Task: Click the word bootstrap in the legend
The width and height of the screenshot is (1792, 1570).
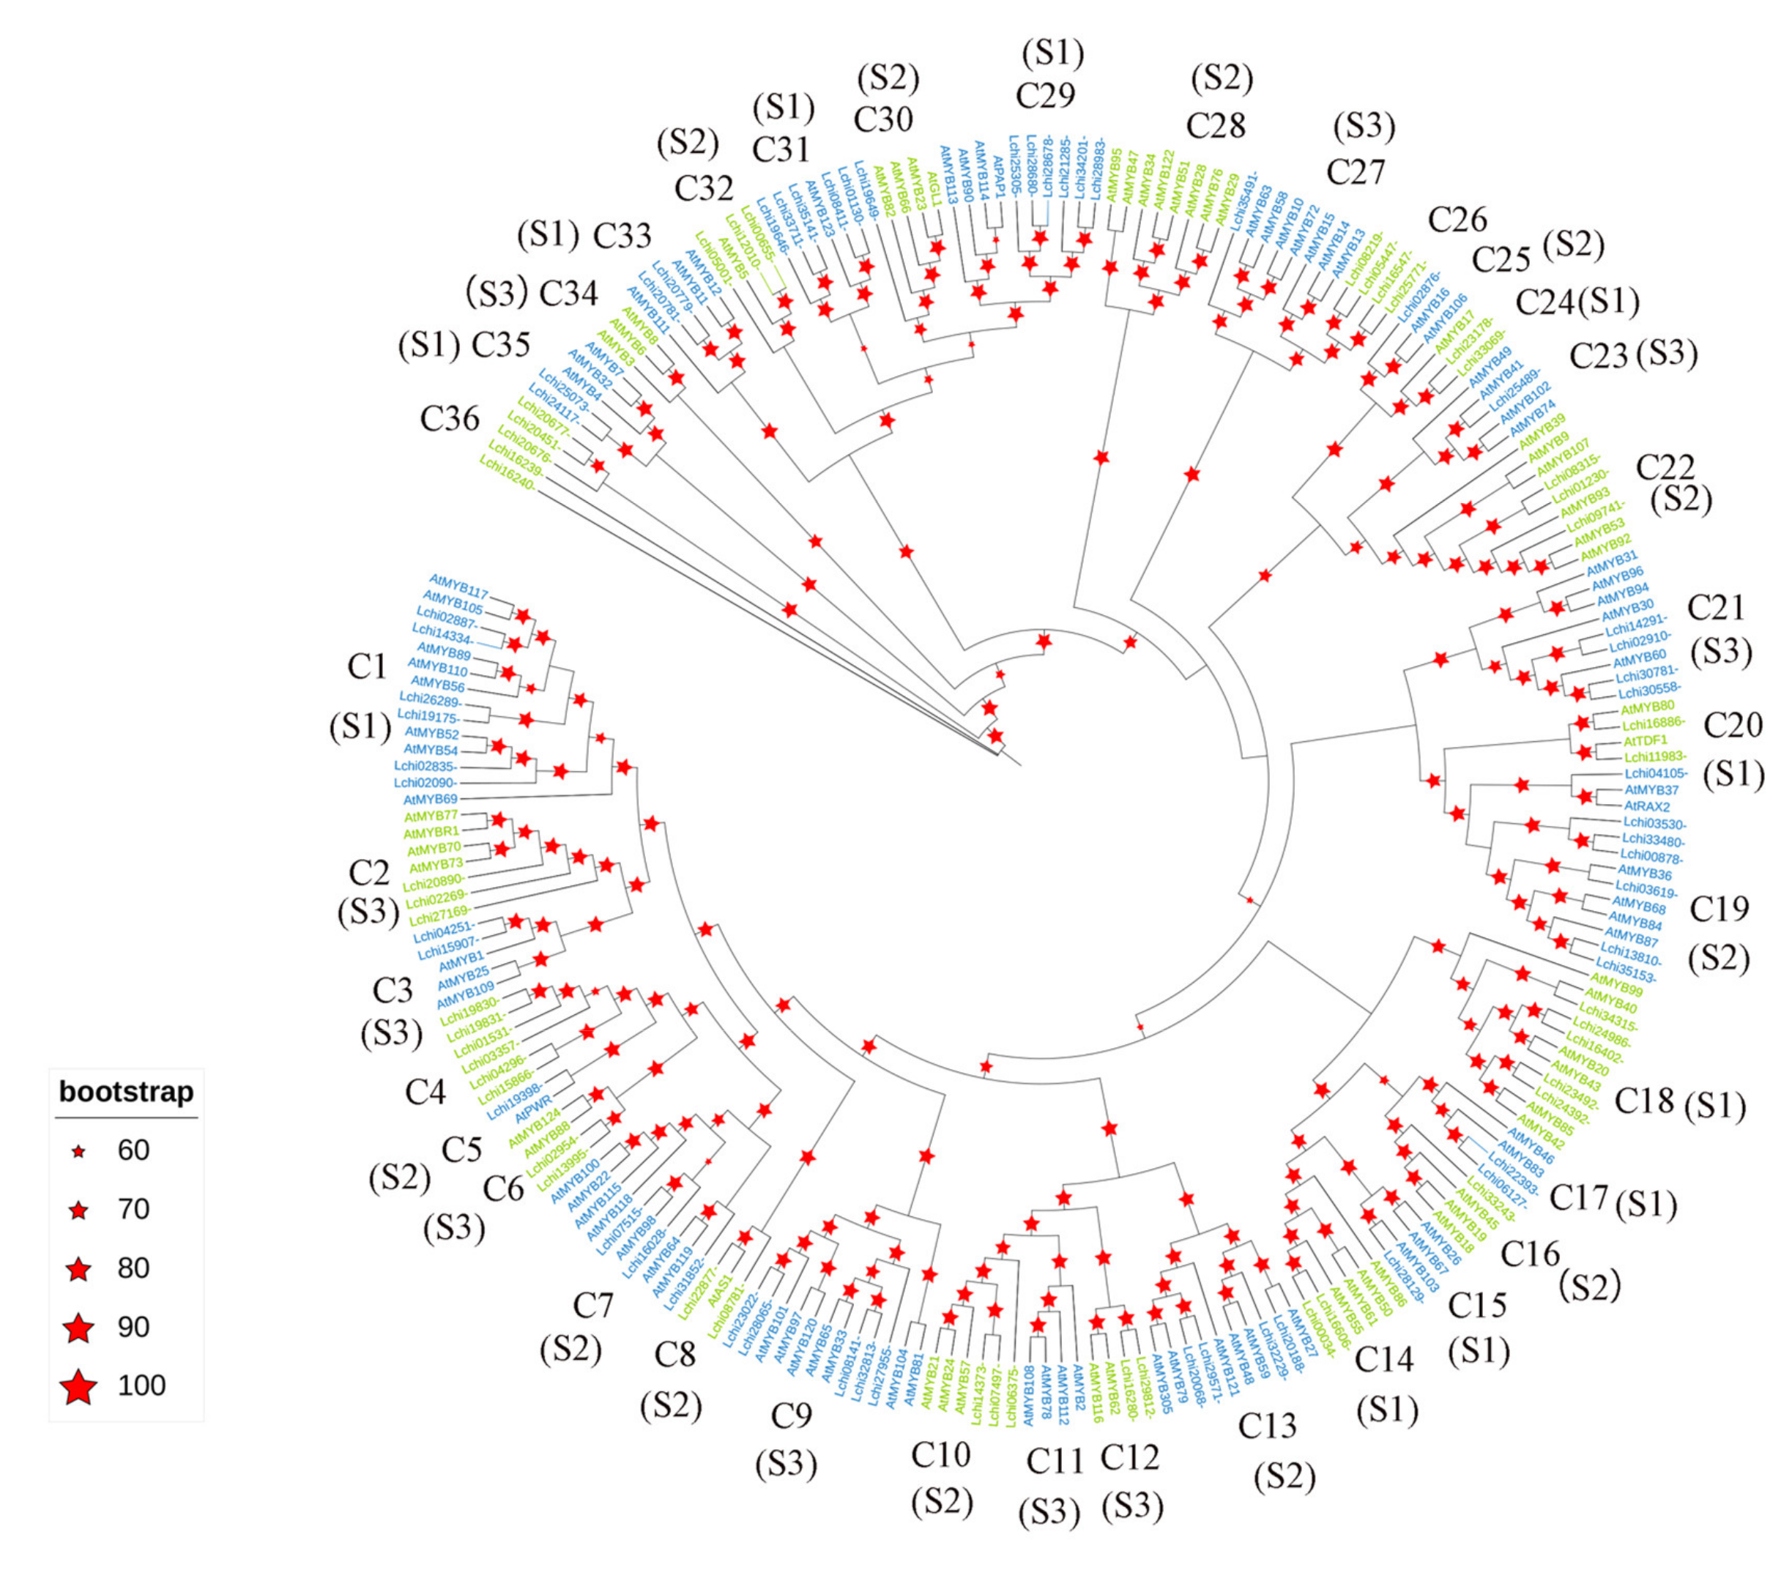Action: click(126, 1092)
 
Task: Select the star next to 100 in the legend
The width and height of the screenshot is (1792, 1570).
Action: click(79, 1386)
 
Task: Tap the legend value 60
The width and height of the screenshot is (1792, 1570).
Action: click(133, 1150)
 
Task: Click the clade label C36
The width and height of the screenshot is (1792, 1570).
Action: click(450, 419)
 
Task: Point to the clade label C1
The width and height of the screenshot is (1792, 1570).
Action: click(366, 666)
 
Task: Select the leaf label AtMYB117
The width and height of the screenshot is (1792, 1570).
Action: click(458, 586)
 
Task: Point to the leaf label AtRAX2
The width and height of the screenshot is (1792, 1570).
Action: click(1648, 806)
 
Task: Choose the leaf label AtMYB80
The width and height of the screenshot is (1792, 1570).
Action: click(1646, 706)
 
